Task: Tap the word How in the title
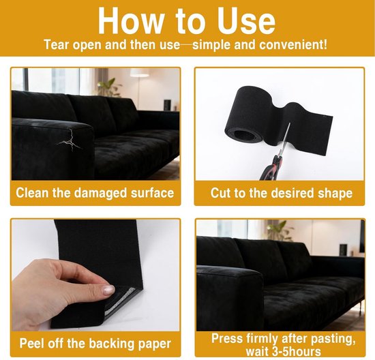[x=131, y=20]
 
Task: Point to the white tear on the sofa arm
[x=70, y=140]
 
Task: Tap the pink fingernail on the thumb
[x=108, y=290]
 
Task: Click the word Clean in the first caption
[x=32, y=193]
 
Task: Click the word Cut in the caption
[x=220, y=193]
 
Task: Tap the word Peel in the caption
[x=32, y=343]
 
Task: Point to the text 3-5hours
[x=297, y=351]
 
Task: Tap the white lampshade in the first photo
[x=139, y=73]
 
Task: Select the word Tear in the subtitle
[x=57, y=45]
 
